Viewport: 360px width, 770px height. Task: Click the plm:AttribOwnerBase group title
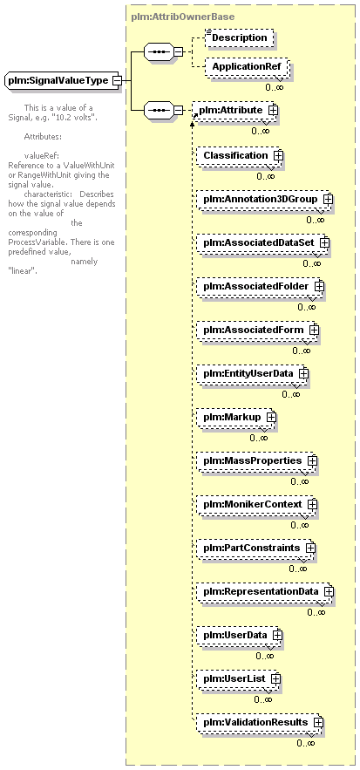click(183, 17)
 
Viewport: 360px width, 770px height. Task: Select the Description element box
click(239, 37)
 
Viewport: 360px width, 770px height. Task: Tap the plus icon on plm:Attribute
click(273, 111)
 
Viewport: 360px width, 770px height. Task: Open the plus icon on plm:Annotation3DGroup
click(328, 200)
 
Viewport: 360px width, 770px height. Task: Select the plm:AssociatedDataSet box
click(262, 242)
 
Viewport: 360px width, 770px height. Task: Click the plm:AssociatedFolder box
click(261, 286)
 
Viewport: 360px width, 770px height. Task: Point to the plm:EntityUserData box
click(253, 373)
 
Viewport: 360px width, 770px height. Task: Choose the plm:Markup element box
click(236, 417)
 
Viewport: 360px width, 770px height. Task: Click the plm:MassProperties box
click(257, 461)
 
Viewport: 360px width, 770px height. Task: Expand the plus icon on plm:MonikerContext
click(312, 504)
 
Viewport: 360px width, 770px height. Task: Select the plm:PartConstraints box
click(255, 548)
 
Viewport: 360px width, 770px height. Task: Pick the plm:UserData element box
click(240, 636)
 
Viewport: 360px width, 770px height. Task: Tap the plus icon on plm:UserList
click(276, 678)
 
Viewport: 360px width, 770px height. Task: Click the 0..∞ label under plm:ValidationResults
click(305, 744)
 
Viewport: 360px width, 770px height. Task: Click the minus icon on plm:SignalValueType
click(117, 80)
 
